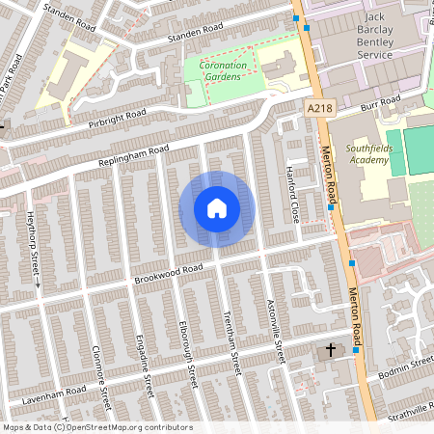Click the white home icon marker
(217, 208)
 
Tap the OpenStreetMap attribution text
(96, 427)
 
